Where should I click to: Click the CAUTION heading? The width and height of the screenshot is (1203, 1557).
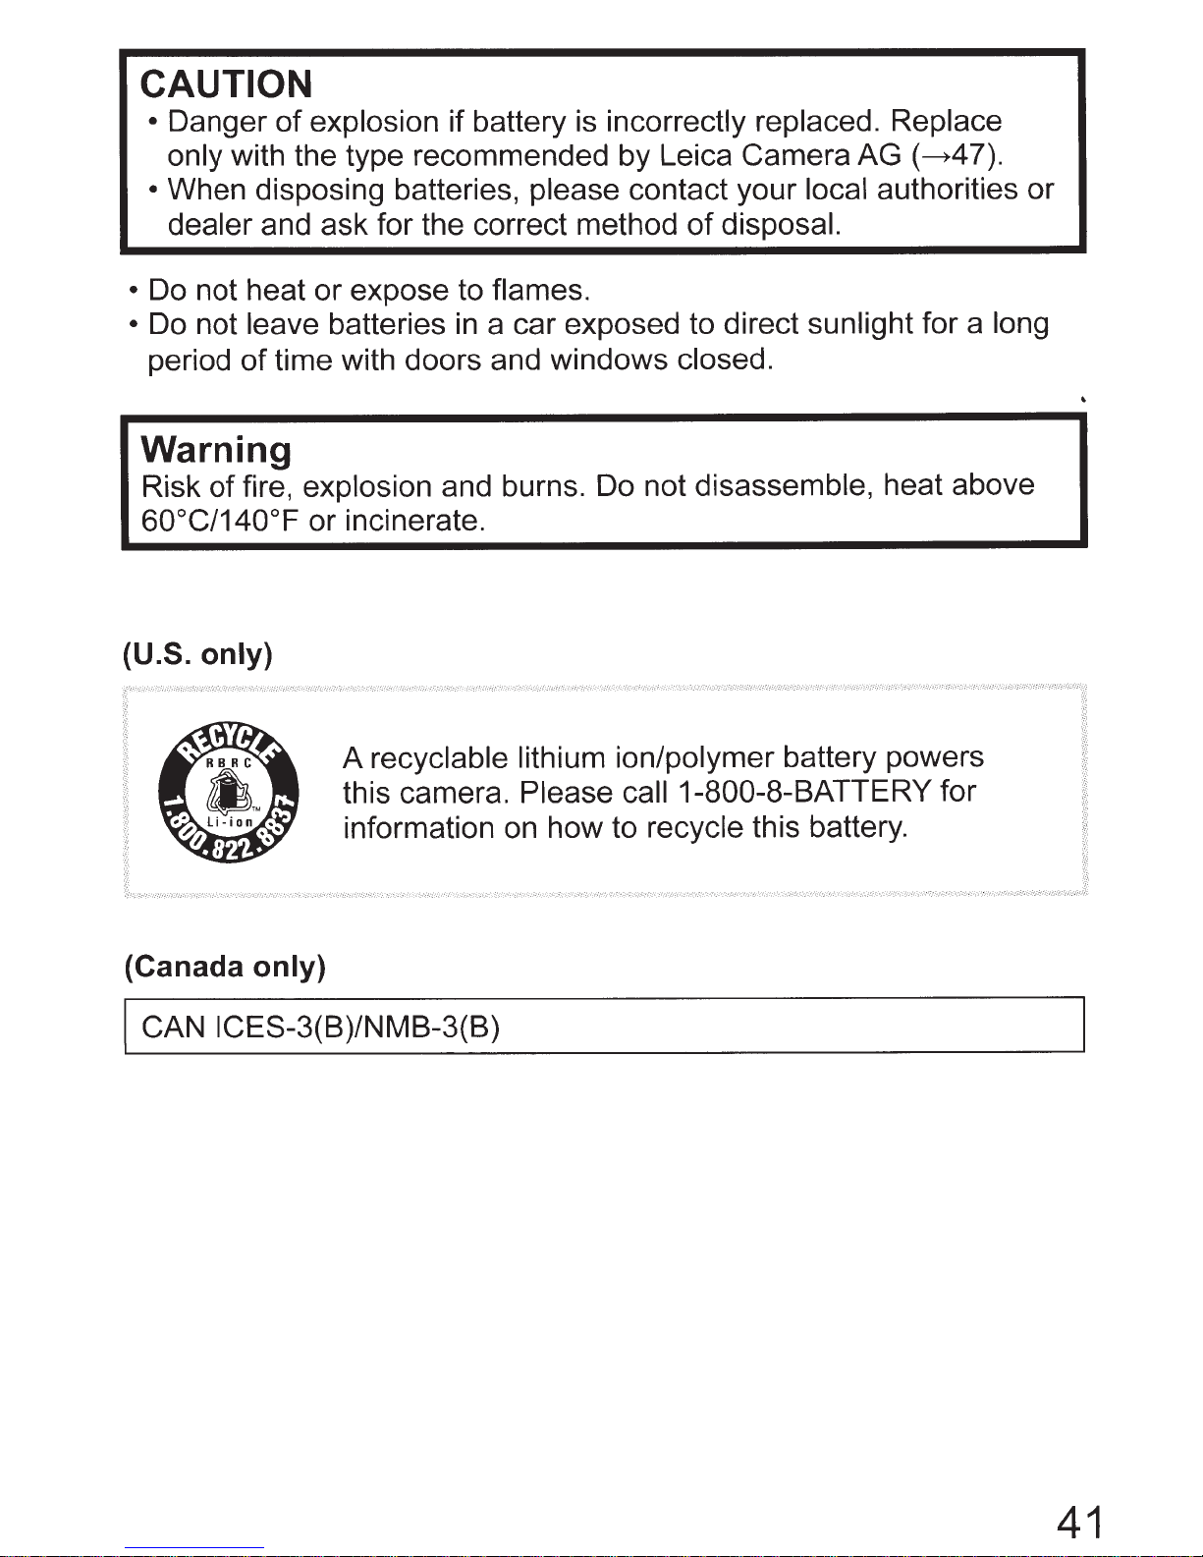point(227,84)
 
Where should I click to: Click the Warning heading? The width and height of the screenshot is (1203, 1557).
point(216,450)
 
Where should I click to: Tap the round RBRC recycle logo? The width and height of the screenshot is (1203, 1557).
point(230,794)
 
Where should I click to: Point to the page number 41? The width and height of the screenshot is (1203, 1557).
point(1080,1523)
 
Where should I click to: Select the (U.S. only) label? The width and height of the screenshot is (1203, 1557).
point(197,654)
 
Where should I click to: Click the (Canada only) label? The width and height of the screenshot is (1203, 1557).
point(225,967)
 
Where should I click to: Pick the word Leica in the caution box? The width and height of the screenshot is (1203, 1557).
point(696,155)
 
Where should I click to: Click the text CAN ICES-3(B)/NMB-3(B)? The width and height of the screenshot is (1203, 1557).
point(321,1028)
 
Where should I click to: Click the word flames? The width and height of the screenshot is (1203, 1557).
point(539,291)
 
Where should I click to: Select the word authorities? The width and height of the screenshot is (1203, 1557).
point(947,189)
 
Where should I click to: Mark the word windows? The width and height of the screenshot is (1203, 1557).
point(609,360)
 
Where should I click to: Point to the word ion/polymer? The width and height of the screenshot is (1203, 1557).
point(693,758)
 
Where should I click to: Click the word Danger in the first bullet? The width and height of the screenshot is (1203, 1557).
point(217,122)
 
